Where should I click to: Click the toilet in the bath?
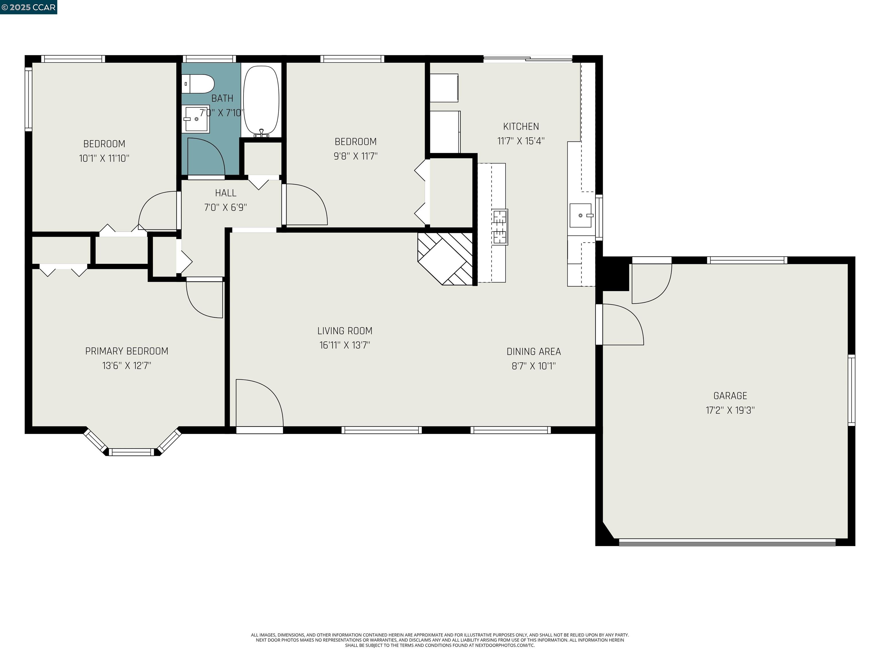click(199, 84)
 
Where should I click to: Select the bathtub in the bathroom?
click(261, 100)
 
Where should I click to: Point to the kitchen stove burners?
click(500, 227)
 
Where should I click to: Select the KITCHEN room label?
click(521, 127)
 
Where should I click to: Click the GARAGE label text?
click(730, 396)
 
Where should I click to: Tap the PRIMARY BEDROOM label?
click(127, 351)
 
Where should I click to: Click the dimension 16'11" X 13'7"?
click(345, 345)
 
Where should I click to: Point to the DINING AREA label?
click(533, 352)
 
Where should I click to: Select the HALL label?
click(225, 193)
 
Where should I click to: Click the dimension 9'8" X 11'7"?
click(355, 156)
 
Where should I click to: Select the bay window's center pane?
click(131, 451)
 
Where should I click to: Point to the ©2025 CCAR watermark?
click(29, 7)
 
